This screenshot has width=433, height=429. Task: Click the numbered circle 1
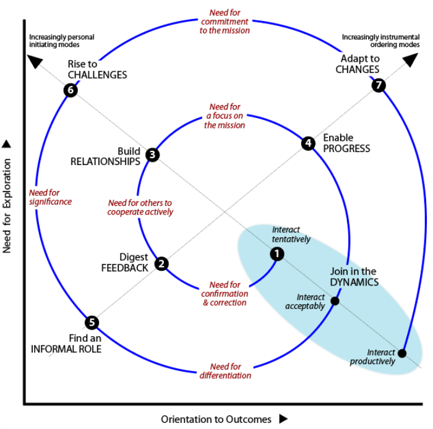(x=277, y=253)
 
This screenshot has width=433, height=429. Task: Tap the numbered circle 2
(x=161, y=264)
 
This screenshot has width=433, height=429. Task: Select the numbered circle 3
(x=152, y=155)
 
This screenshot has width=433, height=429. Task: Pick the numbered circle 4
(x=307, y=143)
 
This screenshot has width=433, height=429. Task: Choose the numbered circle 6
(x=71, y=90)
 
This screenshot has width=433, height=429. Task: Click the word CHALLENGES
(x=97, y=75)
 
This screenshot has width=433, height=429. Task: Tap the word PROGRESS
(x=346, y=148)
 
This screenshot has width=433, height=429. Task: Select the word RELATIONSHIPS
(x=105, y=161)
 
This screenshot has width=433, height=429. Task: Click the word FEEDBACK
(x=125, y=268)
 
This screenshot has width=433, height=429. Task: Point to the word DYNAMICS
(x=354, y=282)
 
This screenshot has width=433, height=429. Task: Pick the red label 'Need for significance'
(x=51, y=197)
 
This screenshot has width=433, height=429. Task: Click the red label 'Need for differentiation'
(x=225, y=371)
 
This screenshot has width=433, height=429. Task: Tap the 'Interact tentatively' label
(x=291, y=234)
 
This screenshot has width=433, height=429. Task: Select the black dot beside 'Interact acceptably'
(x=335, y=301)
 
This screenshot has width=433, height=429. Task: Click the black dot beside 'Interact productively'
(x=402, y=353)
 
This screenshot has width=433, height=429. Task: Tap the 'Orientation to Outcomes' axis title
(x=216, y=419)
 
